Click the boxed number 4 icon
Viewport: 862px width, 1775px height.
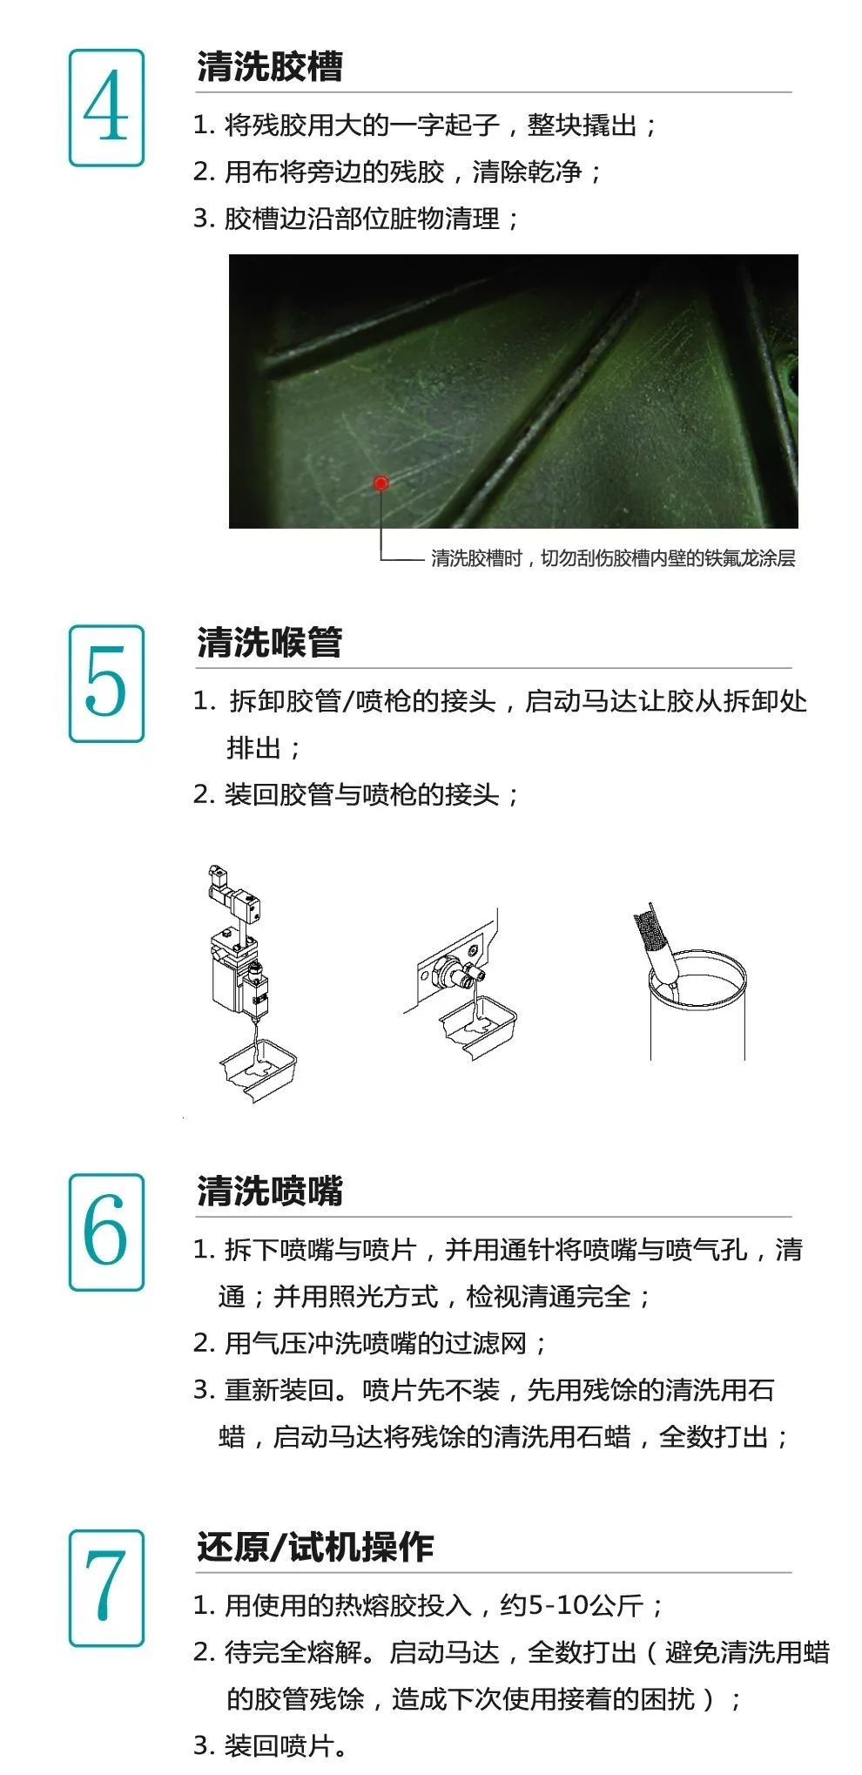(106, 108)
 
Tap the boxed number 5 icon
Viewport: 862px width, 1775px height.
(106, 684)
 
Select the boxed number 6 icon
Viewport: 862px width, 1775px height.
(106, 1232)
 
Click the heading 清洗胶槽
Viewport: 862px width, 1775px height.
(270, 67)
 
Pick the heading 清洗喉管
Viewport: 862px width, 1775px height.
(270, 643)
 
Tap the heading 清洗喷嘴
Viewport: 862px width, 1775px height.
(270, 1191)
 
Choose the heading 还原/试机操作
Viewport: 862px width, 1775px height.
(315, 1547)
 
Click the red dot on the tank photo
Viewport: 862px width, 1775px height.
(380, 483)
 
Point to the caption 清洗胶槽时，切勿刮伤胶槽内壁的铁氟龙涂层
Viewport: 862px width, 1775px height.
(613, 558)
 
